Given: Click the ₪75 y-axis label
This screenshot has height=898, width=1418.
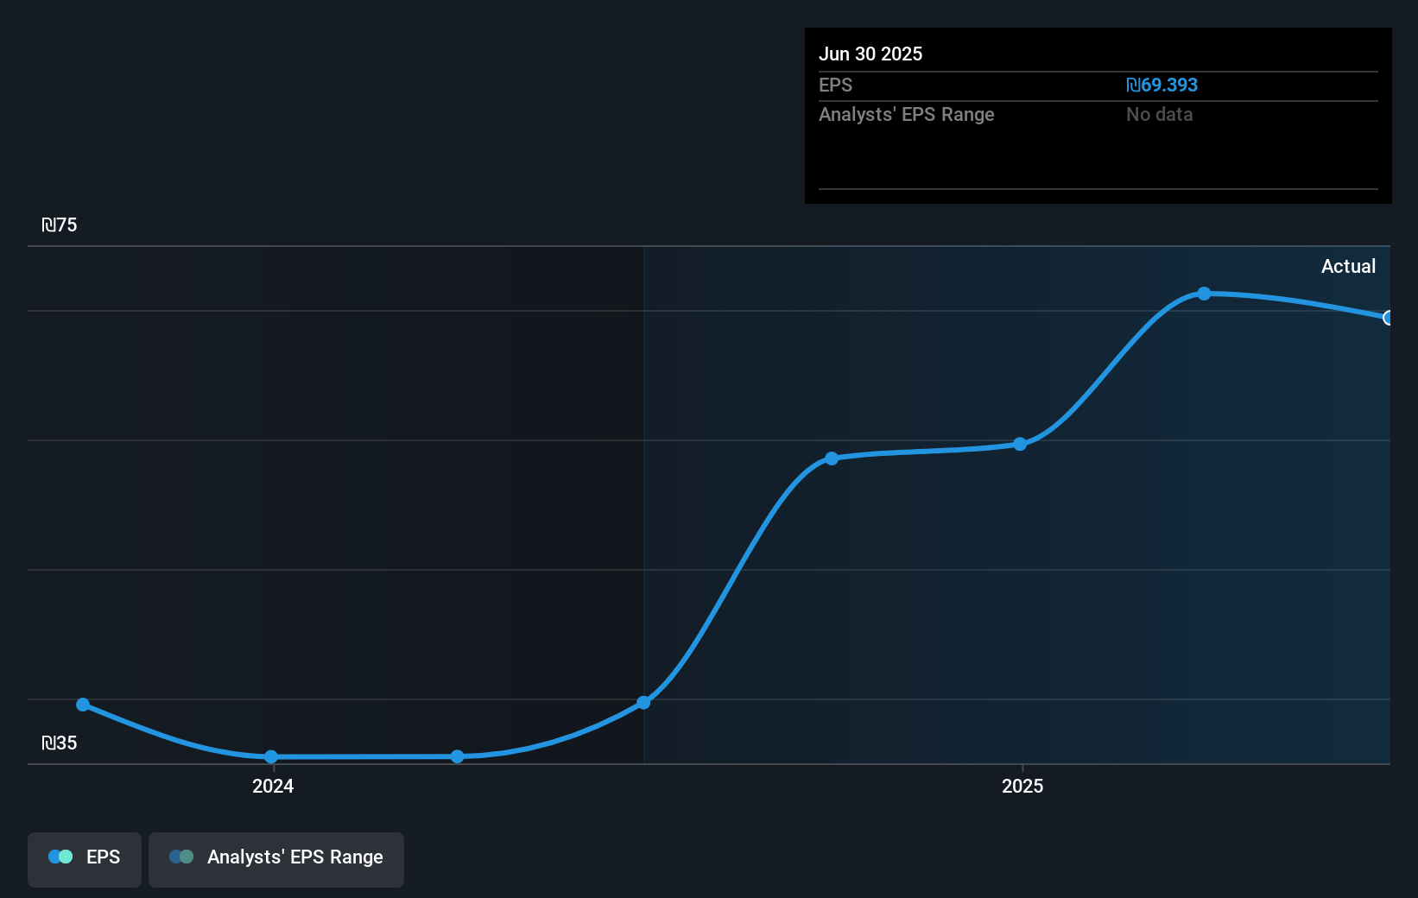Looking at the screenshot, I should [x=60, y=225].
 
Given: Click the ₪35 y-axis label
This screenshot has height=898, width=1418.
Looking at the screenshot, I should [x=60, y=743].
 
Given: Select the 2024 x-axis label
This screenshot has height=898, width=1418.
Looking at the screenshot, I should [x=273, y=787].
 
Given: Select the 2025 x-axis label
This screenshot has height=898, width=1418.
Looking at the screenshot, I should [x=1022, y=787].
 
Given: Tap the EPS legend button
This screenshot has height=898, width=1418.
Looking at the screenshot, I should [x=85, y=858].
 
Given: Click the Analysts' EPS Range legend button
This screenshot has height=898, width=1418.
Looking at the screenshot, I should [x=276, y=858].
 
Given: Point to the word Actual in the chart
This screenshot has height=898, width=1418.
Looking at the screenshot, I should [x=1348, y=267].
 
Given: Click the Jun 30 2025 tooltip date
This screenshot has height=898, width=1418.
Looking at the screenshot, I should [x=870, y=54].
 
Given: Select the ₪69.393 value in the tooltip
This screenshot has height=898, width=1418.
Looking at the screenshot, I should [x=1162, y=85].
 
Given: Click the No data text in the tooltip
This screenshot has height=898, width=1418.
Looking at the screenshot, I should [x=1159, y=115].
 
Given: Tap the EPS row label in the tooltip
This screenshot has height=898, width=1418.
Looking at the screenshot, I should [x=835, y=85].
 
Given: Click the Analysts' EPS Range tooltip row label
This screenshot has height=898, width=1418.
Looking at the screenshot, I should [x=906, y=115].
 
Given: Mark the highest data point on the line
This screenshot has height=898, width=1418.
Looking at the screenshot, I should [x=1204, y=294].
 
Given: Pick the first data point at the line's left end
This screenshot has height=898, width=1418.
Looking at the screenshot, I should [x=83, y=705].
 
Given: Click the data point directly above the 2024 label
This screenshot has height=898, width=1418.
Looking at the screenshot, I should [x=271, y=757].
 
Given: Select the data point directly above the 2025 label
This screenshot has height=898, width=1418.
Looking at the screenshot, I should [x=1020, y=444].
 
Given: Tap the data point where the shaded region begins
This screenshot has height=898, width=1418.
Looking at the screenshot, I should [x=643, y=703].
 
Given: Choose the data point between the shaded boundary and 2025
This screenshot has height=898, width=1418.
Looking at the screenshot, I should [x=832, y=458].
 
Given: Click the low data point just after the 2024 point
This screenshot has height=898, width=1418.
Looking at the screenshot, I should [x=458, y=756].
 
